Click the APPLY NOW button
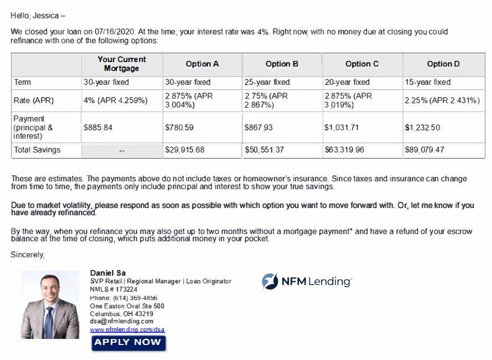coord(128,342)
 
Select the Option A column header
coord(202,64)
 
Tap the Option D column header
coord(443,64)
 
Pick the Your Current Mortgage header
coord(121,64)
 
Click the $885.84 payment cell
coord(98,127)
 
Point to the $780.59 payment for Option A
coord(179,127)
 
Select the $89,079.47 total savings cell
coord(424,150)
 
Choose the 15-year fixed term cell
coord(428,82)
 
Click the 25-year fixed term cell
coord(267,82)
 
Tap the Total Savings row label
coord(37,150)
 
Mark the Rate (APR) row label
coord(33,100)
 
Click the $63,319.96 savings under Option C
coord(344,150)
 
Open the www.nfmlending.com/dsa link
coord(127,329)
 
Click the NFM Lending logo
coord(307,281)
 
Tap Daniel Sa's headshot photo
coord(50,305)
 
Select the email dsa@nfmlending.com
coord(121,321)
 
